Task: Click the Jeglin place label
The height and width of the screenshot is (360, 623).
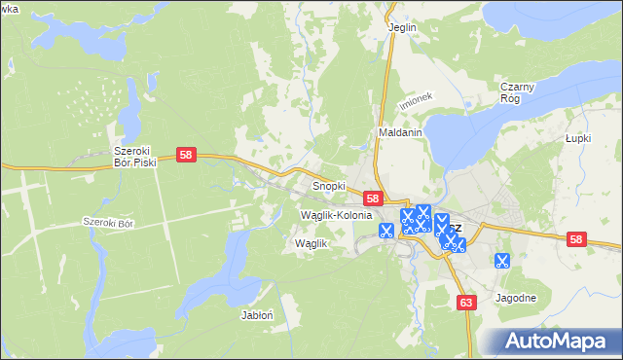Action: pos(402,27)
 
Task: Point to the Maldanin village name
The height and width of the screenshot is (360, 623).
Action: pos(398,132)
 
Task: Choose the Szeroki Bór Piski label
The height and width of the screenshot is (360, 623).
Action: pos(134,157)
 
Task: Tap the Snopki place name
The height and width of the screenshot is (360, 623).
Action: pos(329,185)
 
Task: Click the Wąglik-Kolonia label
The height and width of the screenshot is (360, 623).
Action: pos(337,214)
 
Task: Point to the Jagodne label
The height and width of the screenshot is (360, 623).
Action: pos(516,298)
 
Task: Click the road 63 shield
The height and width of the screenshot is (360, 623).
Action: pos(466,304)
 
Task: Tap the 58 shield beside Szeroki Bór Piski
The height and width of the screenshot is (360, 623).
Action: pos(188,155)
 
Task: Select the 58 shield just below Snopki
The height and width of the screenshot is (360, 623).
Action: pos(372,198)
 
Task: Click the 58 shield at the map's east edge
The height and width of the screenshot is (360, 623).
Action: pos(576,239)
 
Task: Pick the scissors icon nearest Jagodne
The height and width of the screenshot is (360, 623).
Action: pos(502,260)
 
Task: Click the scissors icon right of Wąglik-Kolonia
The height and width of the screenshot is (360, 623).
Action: pos(385,231)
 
